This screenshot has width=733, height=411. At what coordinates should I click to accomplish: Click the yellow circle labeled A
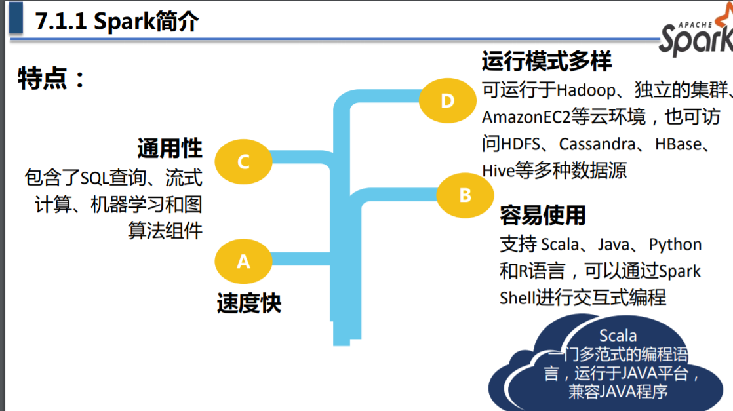pyautogui.click(x=243, y=261)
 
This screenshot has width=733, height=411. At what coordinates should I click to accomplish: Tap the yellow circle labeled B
pyautogui.click(x=465, y=195)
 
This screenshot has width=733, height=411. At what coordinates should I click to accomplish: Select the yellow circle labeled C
pyautogui.click(x=243, y=161)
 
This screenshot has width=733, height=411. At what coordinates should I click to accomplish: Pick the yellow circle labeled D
pyautogui.click(x=447, y=100)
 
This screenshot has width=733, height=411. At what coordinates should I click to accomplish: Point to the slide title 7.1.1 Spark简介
pyautogui.click(x=117, y=22)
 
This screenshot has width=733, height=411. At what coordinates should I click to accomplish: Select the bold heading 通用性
pyautogui.click(x=169, y=148)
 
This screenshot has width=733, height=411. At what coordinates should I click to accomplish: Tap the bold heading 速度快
pyautogui.click(x=249, y=303)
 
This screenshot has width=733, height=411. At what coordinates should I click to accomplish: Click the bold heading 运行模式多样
pyautogui.click(x=547, y=62)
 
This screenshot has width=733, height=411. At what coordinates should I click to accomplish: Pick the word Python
pyautogui.click(x=675, y=245)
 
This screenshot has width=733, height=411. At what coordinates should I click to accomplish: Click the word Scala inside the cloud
pyautogui.click(x=618, y=337)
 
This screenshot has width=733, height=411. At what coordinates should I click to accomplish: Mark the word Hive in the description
pyautogui.click(x=498, y=170)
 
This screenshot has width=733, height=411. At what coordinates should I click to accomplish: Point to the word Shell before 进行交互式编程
pyautogui.click(x=517, y=298)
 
